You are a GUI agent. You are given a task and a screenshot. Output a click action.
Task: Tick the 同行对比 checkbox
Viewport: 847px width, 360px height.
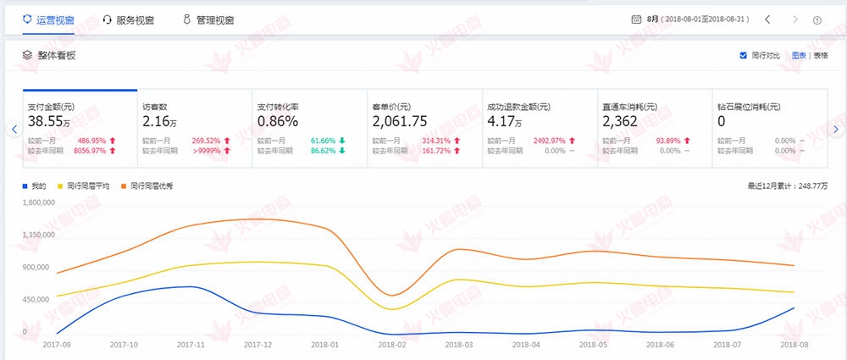[x=744, y=55]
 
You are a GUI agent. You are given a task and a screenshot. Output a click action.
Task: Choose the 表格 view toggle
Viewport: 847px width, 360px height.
[x=820, y=55]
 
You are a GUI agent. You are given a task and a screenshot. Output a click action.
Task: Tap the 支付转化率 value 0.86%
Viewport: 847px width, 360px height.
[x=277, y=122]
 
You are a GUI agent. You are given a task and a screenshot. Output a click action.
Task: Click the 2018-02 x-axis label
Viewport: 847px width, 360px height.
[x=393, y=345]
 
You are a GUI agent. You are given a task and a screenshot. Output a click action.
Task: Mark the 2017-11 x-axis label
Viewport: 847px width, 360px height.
[x=191, y=345]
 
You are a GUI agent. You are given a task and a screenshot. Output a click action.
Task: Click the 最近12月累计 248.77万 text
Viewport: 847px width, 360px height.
[x=787, y=185]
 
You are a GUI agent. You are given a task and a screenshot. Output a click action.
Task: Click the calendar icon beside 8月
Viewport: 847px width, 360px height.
[x=636, y=19]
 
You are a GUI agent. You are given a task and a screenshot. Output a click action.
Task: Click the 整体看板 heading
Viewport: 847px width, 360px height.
[x=56, y=55]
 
